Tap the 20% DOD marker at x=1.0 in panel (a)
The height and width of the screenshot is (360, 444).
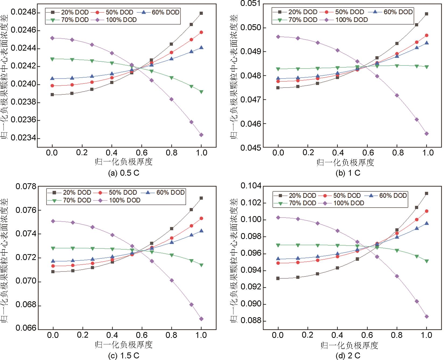click(201, 13)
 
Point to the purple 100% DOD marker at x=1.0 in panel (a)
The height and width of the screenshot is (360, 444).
click(201, 135)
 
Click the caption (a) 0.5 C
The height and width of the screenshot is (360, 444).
click(124, 173)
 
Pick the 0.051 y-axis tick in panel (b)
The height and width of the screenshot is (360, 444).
click(250, 4)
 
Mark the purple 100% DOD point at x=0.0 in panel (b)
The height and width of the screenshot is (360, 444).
click(278, 37)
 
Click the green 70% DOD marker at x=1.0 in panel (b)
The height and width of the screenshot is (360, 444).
click(426, 67)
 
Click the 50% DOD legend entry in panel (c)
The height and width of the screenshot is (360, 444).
click(117, 193)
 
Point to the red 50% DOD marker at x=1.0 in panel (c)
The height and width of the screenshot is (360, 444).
click(201, 219)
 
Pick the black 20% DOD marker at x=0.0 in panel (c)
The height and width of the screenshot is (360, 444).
click(53, 272)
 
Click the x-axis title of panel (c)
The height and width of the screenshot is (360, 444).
click(124, 344)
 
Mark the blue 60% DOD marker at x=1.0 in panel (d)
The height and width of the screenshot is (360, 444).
click(426, 223)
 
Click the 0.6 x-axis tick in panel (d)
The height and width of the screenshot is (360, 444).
click(367, 335)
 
